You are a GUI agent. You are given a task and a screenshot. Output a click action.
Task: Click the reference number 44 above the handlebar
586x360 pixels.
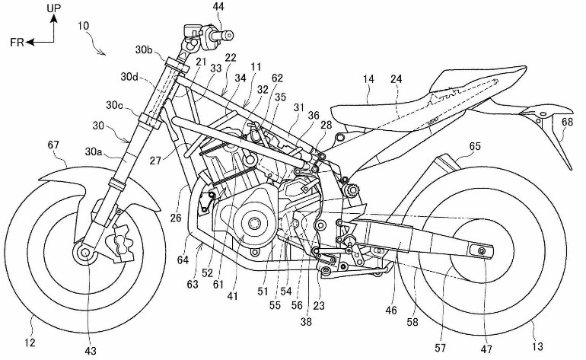click(197, 7)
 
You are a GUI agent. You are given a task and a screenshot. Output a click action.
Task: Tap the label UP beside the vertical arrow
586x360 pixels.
click(53, 8)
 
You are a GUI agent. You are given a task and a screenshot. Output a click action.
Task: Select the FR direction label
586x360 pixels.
click(17, 43)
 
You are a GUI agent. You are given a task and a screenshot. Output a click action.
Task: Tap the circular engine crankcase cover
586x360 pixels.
click(250, 224)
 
